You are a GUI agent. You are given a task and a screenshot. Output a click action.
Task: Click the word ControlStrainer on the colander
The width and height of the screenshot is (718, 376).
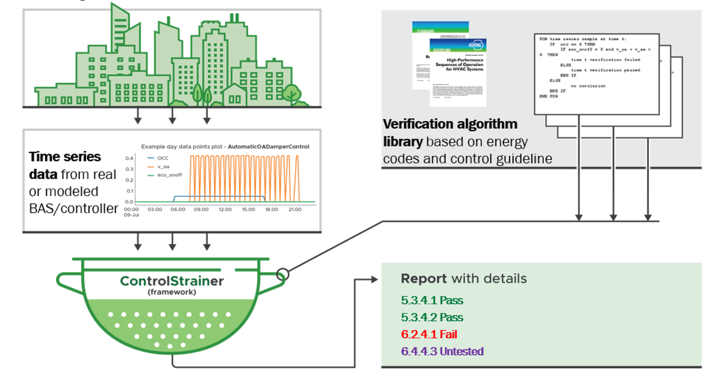point(172,281)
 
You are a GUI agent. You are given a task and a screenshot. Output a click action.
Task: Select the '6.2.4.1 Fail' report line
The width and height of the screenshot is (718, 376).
point(429,334)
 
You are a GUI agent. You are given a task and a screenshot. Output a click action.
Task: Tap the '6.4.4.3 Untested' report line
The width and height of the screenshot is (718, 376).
point(442,351)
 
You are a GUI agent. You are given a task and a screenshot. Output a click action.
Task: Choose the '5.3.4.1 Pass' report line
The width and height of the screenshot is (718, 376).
point(432,300)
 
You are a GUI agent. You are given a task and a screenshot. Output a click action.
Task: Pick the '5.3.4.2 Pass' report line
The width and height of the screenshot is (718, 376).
point(432,317)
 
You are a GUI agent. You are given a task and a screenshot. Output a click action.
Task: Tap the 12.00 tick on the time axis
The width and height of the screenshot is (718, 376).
point(225,209)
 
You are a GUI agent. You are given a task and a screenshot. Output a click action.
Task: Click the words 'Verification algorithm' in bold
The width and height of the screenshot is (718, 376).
point(449,124)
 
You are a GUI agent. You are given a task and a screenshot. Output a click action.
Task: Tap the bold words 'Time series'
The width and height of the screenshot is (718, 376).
point(65,157)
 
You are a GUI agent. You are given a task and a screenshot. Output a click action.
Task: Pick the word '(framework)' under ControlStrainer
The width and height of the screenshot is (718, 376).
point(172,293)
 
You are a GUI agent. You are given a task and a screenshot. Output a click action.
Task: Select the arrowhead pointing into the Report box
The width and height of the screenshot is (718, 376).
point(374,280)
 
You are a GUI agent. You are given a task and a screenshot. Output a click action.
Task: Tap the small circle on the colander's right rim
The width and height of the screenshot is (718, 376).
point(283,274)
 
